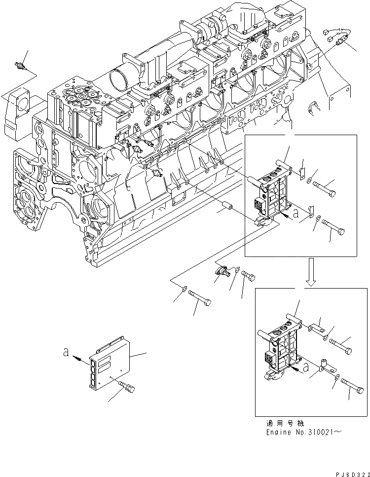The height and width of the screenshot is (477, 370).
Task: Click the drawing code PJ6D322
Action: [348, 473]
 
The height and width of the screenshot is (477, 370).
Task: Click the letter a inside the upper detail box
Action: [295, 215]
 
